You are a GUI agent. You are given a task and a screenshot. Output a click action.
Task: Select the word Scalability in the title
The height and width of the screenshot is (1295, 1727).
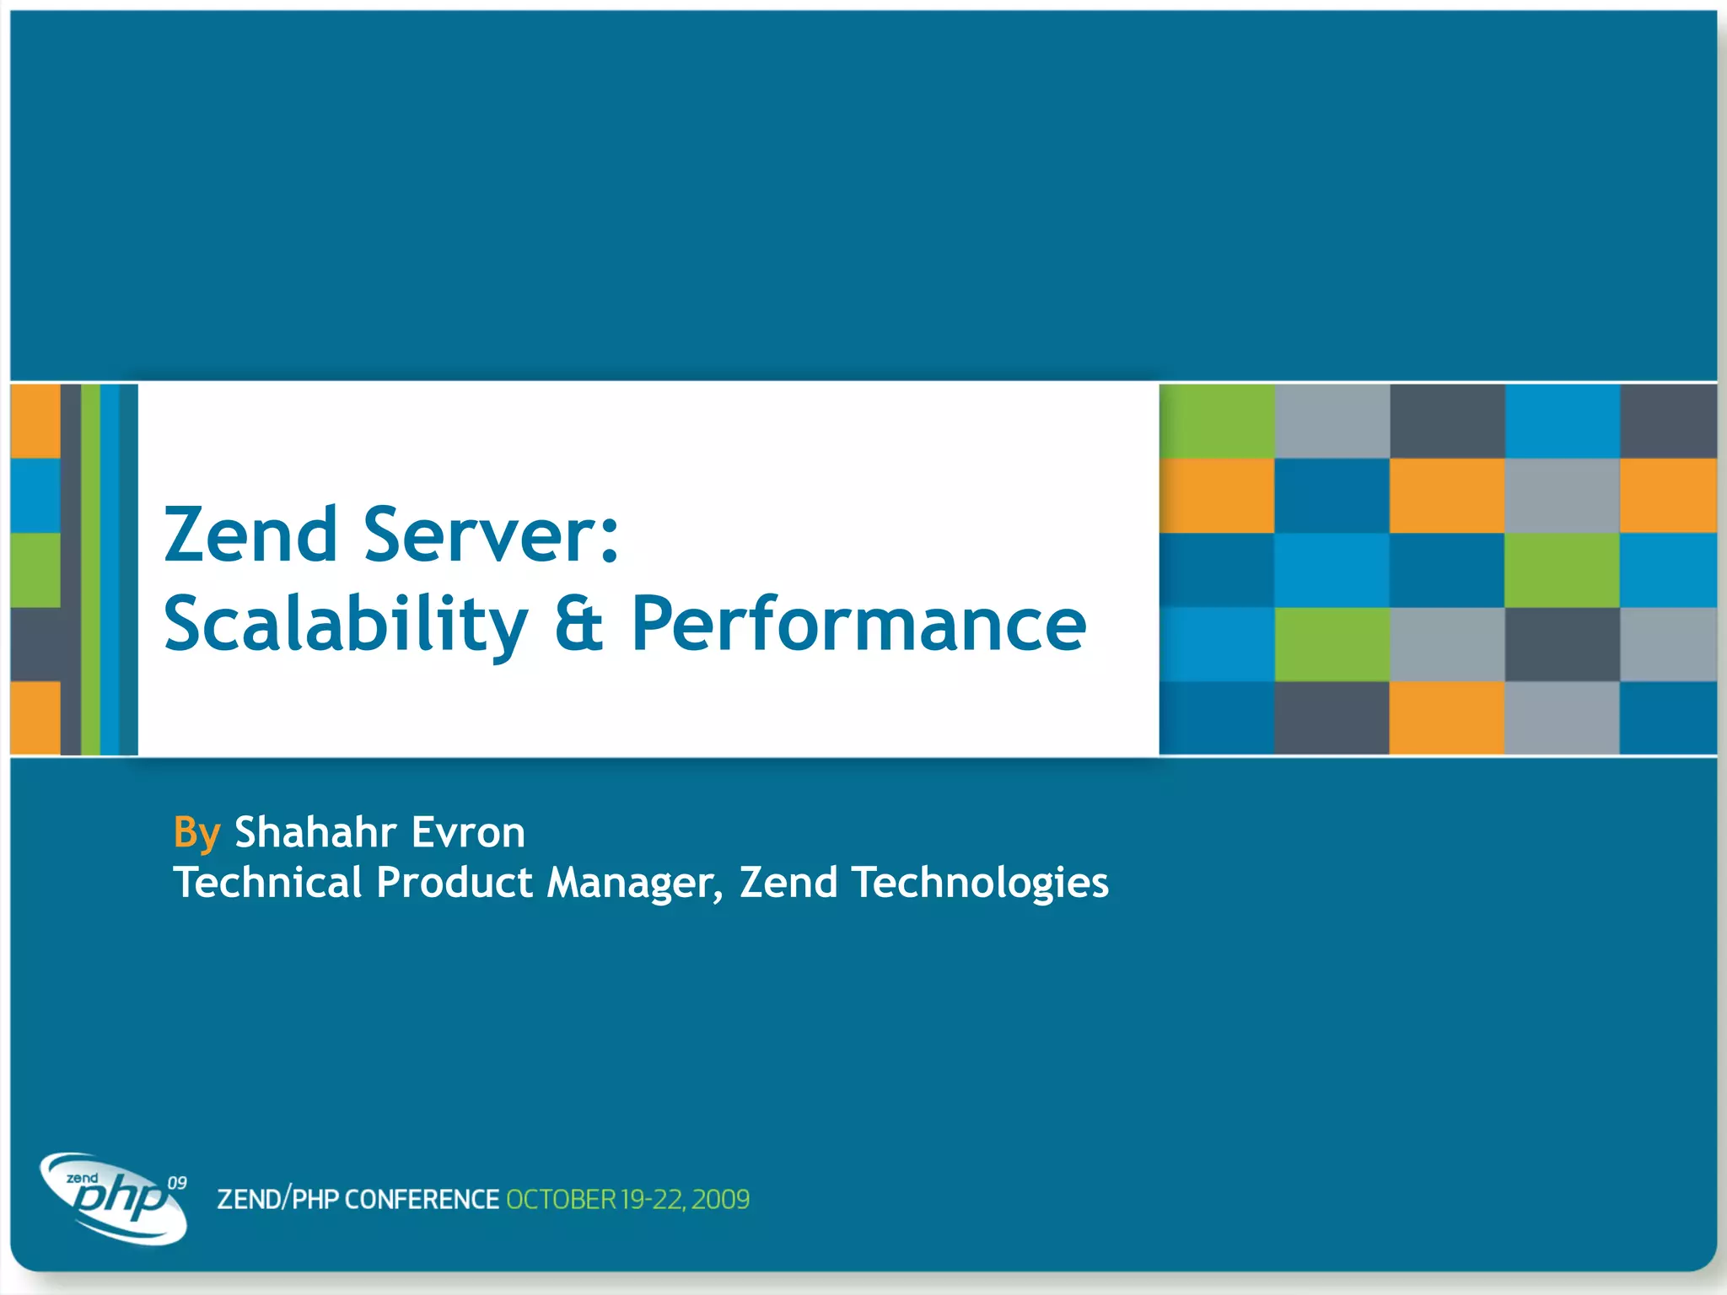pyautogui.click(x=346, y=625)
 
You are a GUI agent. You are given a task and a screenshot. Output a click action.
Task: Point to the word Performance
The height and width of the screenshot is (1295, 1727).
pyautogui.click(x=858, y=625)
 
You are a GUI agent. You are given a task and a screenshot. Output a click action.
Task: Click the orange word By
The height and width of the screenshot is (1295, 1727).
pyautogui.click(x=196, y=833)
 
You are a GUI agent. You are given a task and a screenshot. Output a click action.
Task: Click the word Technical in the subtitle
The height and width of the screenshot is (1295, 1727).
pyautogui.click(x=267, y=883)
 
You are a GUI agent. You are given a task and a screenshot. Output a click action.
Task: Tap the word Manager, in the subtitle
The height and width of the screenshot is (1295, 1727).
pyautogui.click(x=634, y=883)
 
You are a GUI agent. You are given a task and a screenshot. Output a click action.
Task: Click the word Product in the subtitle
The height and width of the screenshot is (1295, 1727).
pyautogui.click(x=455, y=883)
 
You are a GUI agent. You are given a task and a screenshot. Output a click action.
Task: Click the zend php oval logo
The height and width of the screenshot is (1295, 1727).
pyautogui.click(x=114, y=1199)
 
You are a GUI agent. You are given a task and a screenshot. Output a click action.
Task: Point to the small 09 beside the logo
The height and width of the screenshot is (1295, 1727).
pyautogui.click(x=177, y=1183)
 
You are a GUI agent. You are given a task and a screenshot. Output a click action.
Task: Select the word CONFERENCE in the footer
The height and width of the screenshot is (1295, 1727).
pyautogui.click(x=422, y=1200)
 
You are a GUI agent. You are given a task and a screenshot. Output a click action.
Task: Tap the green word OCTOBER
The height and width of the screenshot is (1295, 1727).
pyautogui.click(x=561, y=1200)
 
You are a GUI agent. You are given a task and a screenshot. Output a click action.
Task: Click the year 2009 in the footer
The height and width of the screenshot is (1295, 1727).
pyautogui.click(x=720, y=1200)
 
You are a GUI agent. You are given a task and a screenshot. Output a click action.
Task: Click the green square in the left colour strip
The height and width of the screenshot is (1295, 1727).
pyautogui.click(x=35, y=570)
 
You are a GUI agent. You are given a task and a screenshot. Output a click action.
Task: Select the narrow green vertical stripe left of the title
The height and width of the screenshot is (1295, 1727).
pyautogui.click(x=90, y=570)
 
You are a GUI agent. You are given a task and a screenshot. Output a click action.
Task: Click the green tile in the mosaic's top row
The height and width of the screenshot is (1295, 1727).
pyautogui.click(x=1217, y=421)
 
